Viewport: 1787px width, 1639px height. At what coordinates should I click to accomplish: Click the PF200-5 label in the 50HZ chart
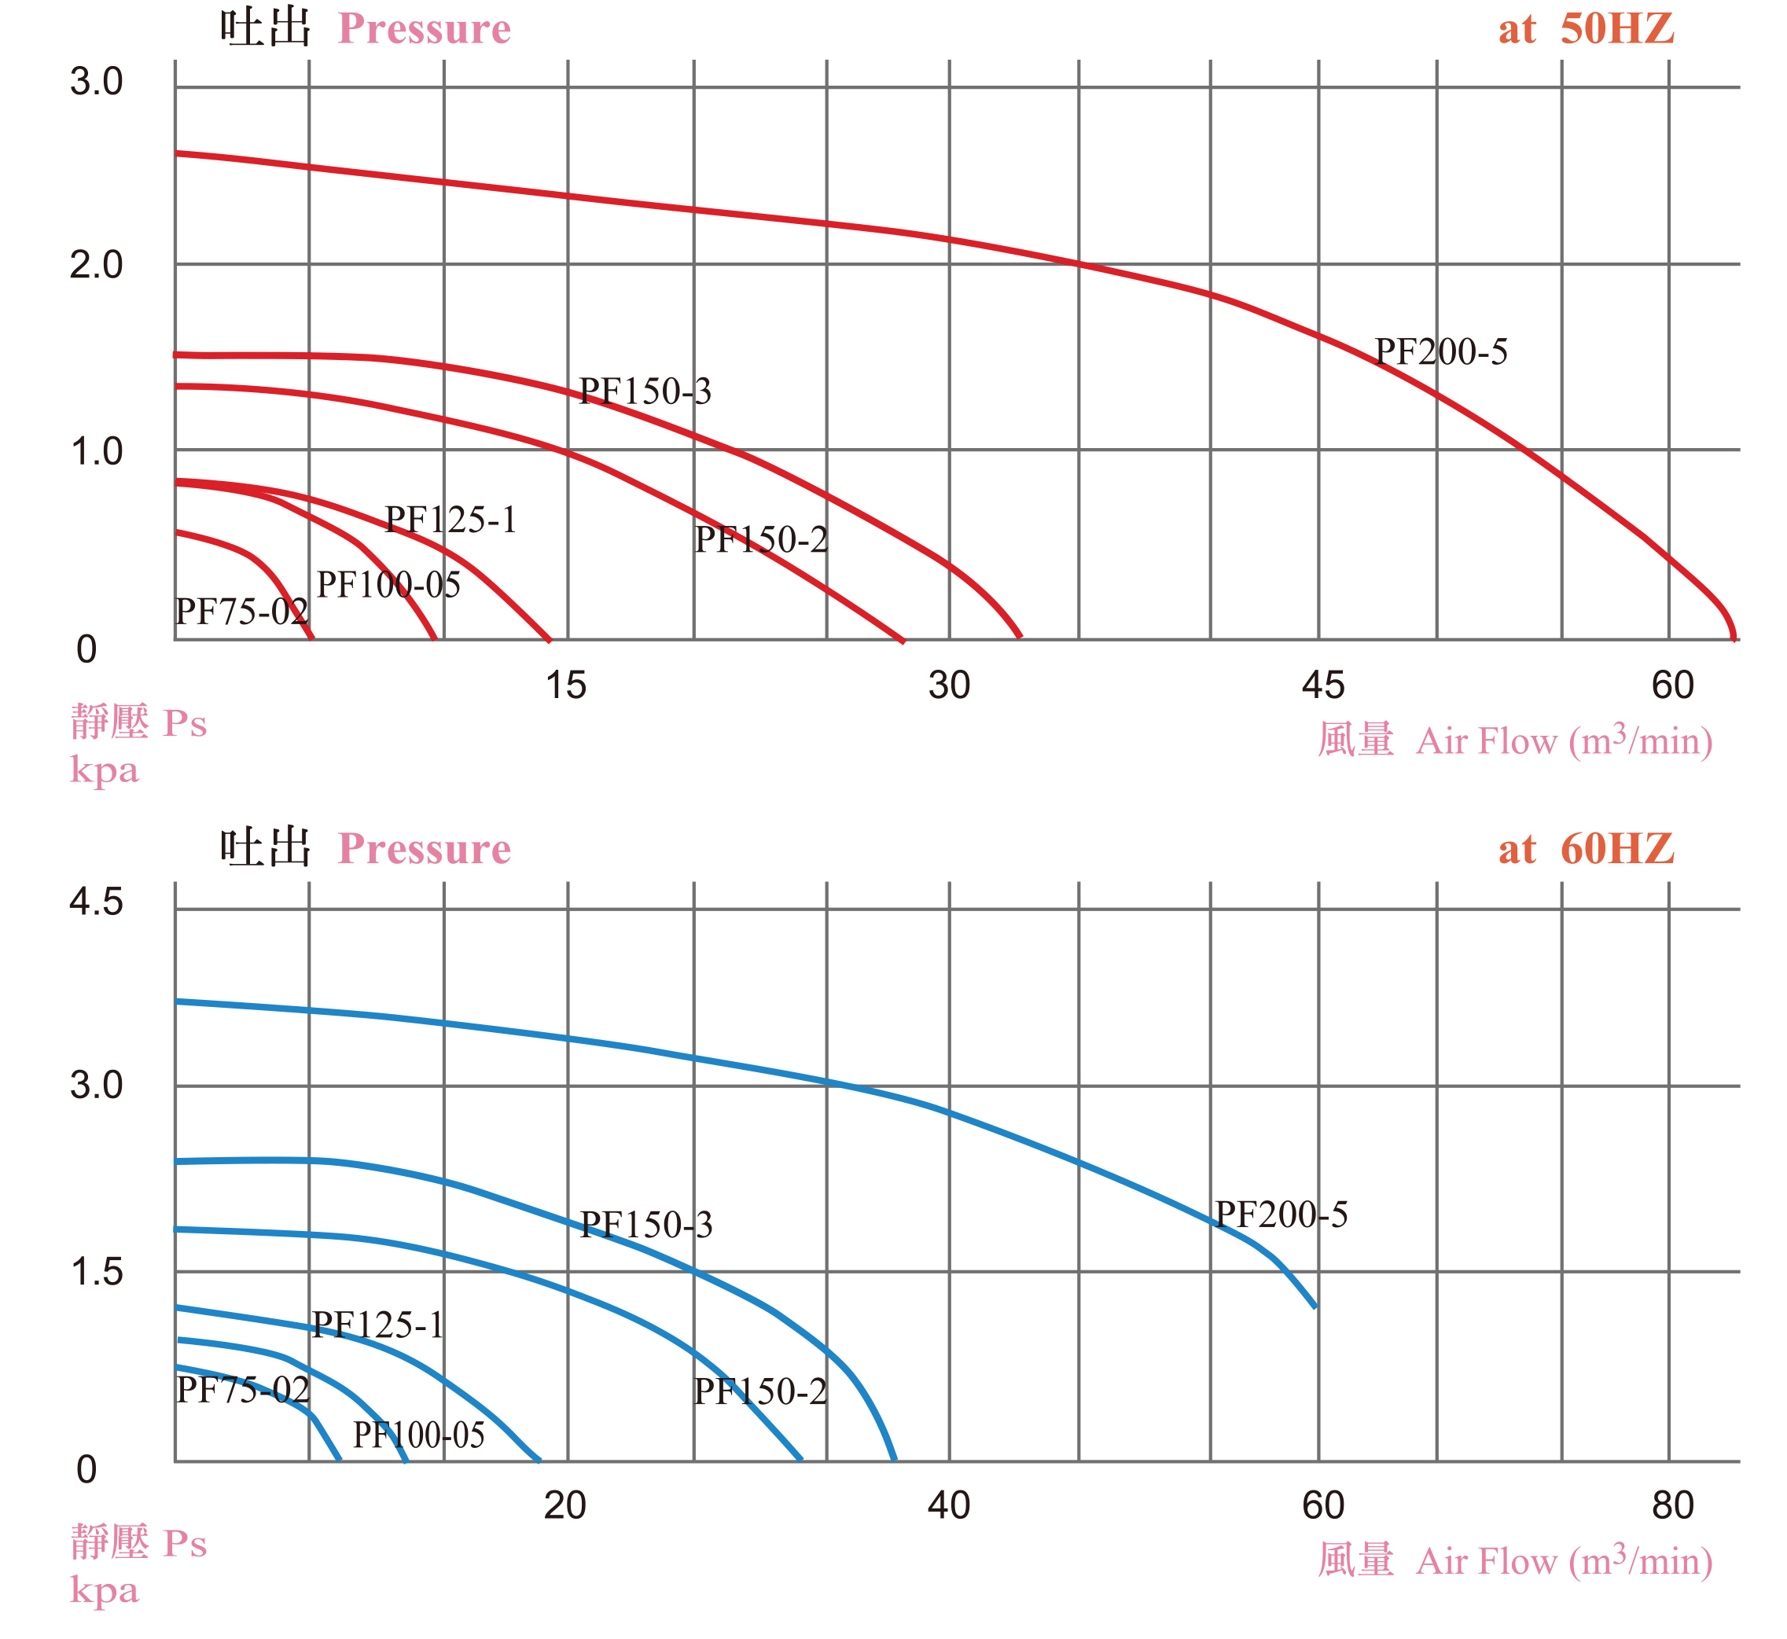1440,352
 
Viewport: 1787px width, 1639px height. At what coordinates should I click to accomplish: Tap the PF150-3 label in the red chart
645,391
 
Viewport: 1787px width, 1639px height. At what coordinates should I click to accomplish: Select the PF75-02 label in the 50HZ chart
241,611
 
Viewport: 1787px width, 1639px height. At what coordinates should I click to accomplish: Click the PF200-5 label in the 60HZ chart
1281,1215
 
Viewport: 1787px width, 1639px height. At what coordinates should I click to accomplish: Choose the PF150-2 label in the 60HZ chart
760,1391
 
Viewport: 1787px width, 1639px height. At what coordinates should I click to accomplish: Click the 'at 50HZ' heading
1586,29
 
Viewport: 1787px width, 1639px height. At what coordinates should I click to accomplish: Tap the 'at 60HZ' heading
1586,850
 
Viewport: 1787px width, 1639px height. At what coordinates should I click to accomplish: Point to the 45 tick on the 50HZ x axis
1323,685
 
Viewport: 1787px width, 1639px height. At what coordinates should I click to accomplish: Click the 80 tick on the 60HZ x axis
1672,1505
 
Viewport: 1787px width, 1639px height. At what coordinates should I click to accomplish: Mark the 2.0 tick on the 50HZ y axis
96,264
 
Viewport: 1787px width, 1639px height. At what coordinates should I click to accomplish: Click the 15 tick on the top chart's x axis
566,685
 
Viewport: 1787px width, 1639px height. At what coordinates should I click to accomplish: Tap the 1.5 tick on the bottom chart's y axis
96,1273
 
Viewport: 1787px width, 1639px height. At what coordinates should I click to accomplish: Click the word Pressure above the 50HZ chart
424,29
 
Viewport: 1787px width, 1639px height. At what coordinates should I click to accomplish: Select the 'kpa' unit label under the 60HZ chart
105,1589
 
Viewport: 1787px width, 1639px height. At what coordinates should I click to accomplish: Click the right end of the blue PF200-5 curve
1315,1306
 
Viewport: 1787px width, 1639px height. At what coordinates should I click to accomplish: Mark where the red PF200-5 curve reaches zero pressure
1734,638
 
